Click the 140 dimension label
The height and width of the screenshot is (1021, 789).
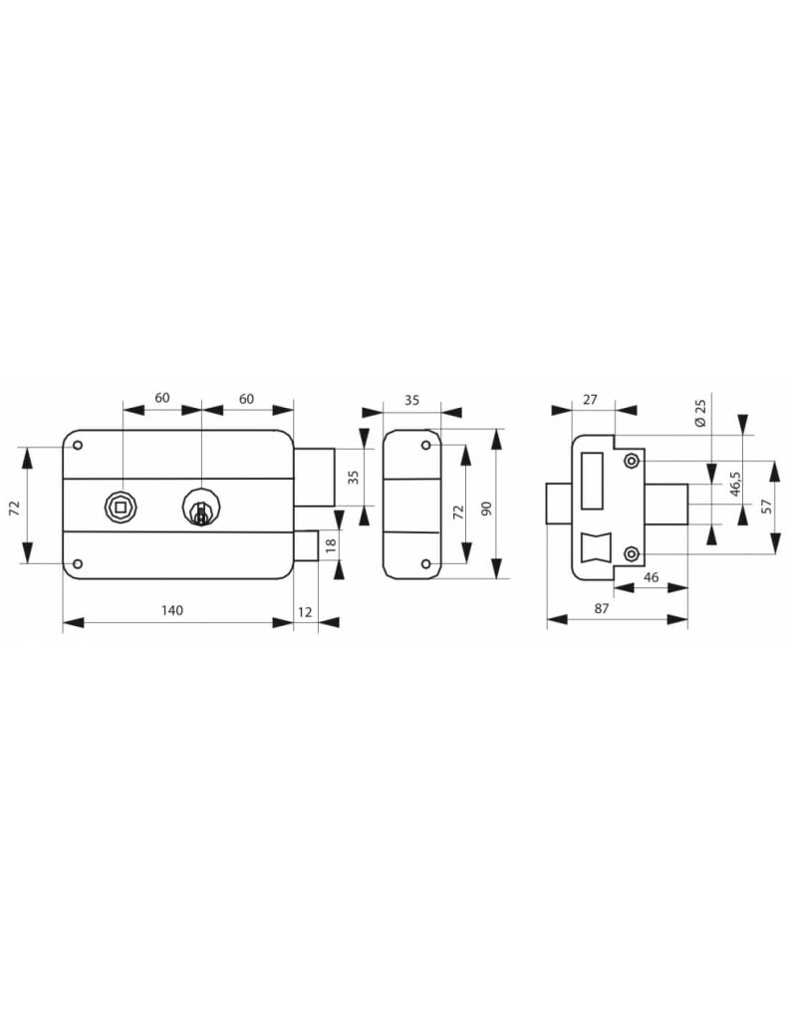pos(171,610)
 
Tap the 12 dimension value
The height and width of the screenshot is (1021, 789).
pos(305,611)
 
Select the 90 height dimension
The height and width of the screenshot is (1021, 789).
pos(484,509)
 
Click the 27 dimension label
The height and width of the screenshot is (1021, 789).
pos(590,399)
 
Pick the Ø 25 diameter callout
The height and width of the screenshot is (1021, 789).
pos(700,413)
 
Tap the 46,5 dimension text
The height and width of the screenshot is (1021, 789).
pos(735,484)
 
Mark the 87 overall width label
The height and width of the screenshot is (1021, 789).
pos(602,608)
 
